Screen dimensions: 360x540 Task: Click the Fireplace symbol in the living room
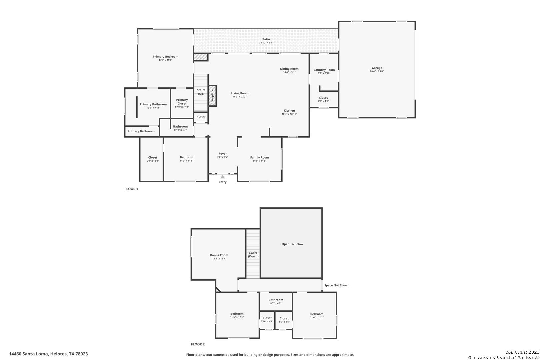click(212, 96)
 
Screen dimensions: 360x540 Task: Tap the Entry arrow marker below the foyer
click(223, 177)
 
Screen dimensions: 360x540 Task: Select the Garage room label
click(377, 68)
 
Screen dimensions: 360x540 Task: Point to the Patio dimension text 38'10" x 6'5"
click(266, 43)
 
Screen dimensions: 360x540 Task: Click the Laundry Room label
click(324, 70)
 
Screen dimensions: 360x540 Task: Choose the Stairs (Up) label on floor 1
click(201, 92)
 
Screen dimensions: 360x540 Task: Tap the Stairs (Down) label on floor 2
click(253, 254)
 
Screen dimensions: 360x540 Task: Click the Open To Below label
click(292, 244)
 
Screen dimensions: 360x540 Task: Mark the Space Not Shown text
click(337, 285)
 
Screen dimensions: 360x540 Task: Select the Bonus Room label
click(219, 255)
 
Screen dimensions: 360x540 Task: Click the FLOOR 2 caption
click(198, 344)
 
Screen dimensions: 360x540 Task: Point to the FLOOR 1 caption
click(131, 189)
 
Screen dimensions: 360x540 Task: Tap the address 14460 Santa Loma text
click(48, 354)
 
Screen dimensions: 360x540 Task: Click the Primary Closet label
click(182, 101)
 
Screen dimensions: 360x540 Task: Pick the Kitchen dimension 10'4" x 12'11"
click(289, 114)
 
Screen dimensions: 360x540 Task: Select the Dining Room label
click(289, 69)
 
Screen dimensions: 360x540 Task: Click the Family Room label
click(259, 157)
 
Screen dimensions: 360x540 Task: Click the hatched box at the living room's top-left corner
click(201, 57)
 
